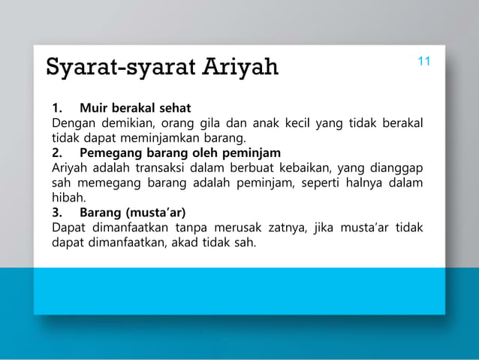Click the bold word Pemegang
[x=112, y=153]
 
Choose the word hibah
[x=69, y=198]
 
